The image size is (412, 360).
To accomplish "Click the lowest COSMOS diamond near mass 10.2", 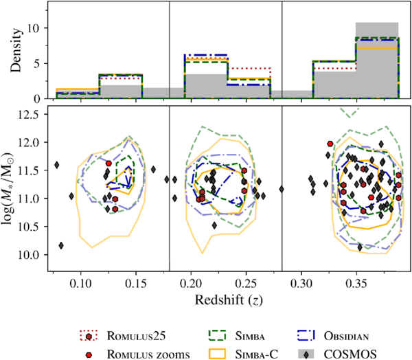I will point(62,245).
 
